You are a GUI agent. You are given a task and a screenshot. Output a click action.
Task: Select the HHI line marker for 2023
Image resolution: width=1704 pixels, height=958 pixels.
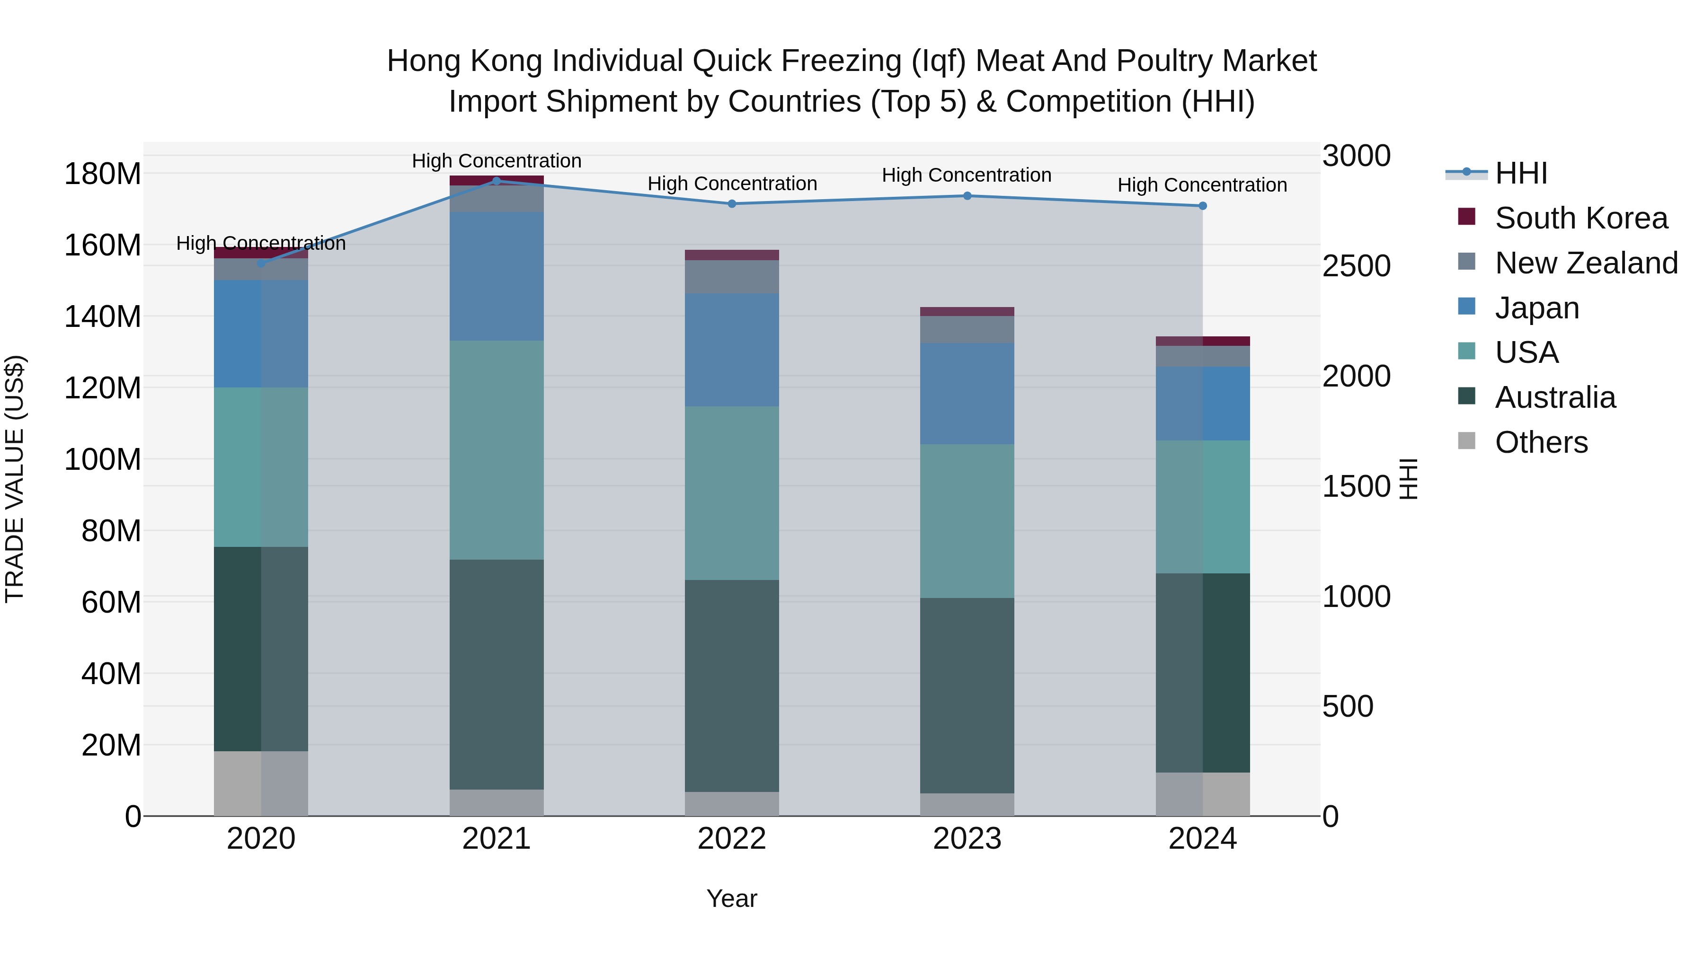pos(967,196)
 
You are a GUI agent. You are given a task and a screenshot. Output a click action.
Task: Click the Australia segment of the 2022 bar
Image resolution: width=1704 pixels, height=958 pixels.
pos(732,685)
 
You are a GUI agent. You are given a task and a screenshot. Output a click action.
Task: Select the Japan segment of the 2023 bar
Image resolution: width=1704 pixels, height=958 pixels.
pos(967,394)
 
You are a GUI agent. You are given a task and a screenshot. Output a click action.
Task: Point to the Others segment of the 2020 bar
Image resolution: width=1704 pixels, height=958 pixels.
pos(261,783)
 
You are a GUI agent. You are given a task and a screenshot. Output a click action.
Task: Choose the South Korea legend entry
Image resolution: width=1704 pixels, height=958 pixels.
pos(1581,218)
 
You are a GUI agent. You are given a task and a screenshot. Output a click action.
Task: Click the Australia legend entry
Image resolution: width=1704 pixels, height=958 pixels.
pos(1554,397)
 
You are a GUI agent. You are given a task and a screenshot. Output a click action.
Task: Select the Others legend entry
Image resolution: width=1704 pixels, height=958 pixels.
pos(1541,442)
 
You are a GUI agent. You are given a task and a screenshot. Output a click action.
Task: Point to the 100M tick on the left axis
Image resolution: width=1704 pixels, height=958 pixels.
pos(103,459)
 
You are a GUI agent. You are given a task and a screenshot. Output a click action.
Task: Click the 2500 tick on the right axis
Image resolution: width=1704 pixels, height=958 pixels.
pos(1356,266)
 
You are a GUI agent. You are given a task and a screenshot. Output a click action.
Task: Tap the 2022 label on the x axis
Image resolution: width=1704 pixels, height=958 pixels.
pos(732,839)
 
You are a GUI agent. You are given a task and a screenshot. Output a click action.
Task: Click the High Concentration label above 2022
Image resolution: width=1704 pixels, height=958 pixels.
pos(732,184)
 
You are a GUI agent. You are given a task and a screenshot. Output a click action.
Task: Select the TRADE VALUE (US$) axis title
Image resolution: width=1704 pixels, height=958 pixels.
pos(15,479)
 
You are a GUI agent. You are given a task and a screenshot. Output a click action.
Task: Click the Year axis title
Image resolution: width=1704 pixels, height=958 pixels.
pos(732,898)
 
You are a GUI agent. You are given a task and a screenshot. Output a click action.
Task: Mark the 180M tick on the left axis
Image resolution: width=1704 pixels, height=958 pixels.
pos(103,175)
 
